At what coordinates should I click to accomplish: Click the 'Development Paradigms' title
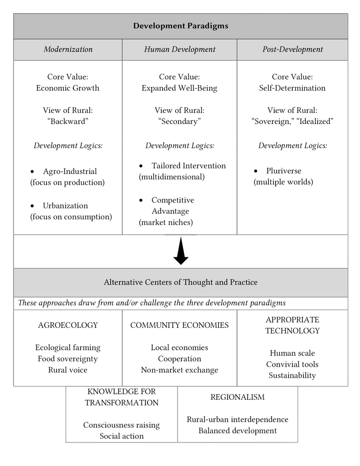(x=180, y=26)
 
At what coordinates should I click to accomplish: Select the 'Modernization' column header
(x=68, y=49)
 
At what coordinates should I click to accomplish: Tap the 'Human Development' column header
(x=180, y=49)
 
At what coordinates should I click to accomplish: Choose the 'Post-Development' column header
(x=292, y=49)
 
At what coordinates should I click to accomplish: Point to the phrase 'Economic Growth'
(x=68, y=88)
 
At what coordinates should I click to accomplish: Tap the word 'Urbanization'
(x=65, y=205)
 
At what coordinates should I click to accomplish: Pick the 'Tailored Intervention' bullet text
(x=189, y=166)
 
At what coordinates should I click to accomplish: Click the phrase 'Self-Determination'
(x=292, y=88)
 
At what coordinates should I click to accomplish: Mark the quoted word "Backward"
(x=68, y=121)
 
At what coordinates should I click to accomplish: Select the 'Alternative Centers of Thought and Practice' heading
(x=180, y=282)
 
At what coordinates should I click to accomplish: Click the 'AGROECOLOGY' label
(x=68, y=325)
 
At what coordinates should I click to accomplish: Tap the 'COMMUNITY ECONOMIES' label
(x=180, y=325)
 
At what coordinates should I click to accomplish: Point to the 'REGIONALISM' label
(x=238, y=397)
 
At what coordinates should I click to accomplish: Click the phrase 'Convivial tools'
(x=292, y=364)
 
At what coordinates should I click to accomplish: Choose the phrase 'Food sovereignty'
(x=68, y=359)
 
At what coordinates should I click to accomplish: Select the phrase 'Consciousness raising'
(x=121, y=425)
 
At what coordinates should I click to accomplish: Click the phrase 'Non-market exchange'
(x=180, y=370)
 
